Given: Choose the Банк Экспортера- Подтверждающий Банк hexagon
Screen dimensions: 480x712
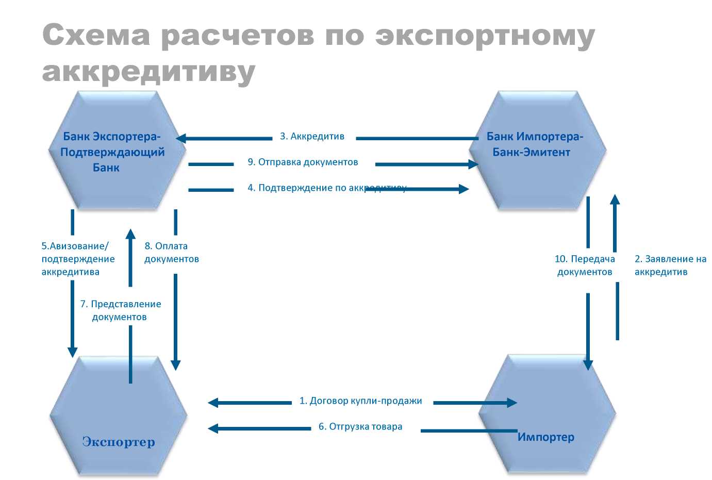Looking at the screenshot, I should (115, 151).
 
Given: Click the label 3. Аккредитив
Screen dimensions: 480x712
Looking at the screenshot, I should (312, 137).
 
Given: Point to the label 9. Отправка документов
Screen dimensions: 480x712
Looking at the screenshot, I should (303, 162).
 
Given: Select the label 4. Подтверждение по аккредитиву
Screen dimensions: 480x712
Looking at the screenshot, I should (327, 188).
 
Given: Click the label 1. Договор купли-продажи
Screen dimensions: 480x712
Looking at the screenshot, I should (360, 401).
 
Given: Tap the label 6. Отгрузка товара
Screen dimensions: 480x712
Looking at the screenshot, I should (360, 427).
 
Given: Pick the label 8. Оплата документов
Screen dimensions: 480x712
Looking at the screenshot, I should (171, 253).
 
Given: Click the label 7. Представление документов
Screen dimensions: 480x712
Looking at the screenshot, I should (120, 310).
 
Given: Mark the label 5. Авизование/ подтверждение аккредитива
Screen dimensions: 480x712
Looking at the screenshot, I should (77, 259).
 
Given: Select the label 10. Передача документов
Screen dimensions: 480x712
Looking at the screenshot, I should (585, 266).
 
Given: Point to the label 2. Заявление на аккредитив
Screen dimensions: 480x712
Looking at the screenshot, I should (670, 266).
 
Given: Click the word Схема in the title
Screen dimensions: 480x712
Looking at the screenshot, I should (96, 36).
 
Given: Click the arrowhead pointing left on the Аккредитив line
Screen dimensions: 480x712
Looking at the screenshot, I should (181, 138).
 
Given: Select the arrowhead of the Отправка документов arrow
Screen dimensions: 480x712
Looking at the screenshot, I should (473, 164).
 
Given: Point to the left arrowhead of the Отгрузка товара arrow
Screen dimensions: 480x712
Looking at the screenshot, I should (213, 428).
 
